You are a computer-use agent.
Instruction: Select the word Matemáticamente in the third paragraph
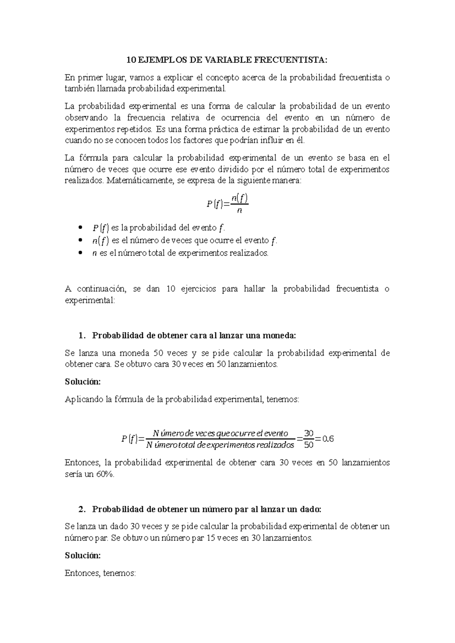click(138, 181)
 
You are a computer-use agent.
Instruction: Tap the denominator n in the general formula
click(239, 211)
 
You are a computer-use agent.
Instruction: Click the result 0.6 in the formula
click(327, 439)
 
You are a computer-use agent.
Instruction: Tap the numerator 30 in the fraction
click(309, 433)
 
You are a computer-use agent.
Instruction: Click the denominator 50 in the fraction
click(309, 445)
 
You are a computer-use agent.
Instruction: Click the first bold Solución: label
click(83, 382)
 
